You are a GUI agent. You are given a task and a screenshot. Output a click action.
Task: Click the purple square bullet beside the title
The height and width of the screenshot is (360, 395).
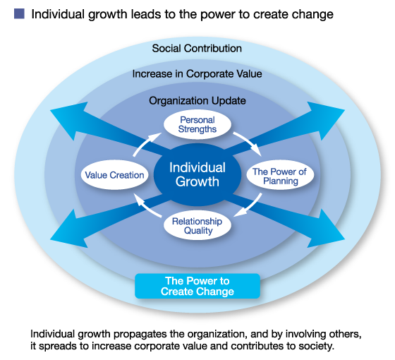point(19,13)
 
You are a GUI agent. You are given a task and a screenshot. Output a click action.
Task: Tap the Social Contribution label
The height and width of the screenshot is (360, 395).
point(197,49)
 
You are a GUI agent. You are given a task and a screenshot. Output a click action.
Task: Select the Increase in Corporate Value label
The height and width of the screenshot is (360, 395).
point(197,74)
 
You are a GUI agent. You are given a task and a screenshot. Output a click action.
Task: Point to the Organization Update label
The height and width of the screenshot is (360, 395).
point(197,101)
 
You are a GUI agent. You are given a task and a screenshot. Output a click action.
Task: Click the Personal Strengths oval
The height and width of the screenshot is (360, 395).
point(197,124)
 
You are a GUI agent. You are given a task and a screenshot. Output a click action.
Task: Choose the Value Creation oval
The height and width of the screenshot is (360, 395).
point(114,175)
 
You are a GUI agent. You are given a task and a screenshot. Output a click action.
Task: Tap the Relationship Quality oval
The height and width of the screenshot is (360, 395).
point(197,226)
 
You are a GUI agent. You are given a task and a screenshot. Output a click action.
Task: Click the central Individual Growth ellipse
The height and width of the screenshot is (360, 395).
point(197,175)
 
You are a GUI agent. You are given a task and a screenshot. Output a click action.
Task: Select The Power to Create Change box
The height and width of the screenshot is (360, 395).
point(197,286)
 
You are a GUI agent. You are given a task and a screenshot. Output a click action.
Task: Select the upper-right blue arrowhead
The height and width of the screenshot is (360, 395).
point(324,119)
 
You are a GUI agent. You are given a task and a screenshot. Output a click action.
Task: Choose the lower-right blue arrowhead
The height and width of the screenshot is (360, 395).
point(324,231)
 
